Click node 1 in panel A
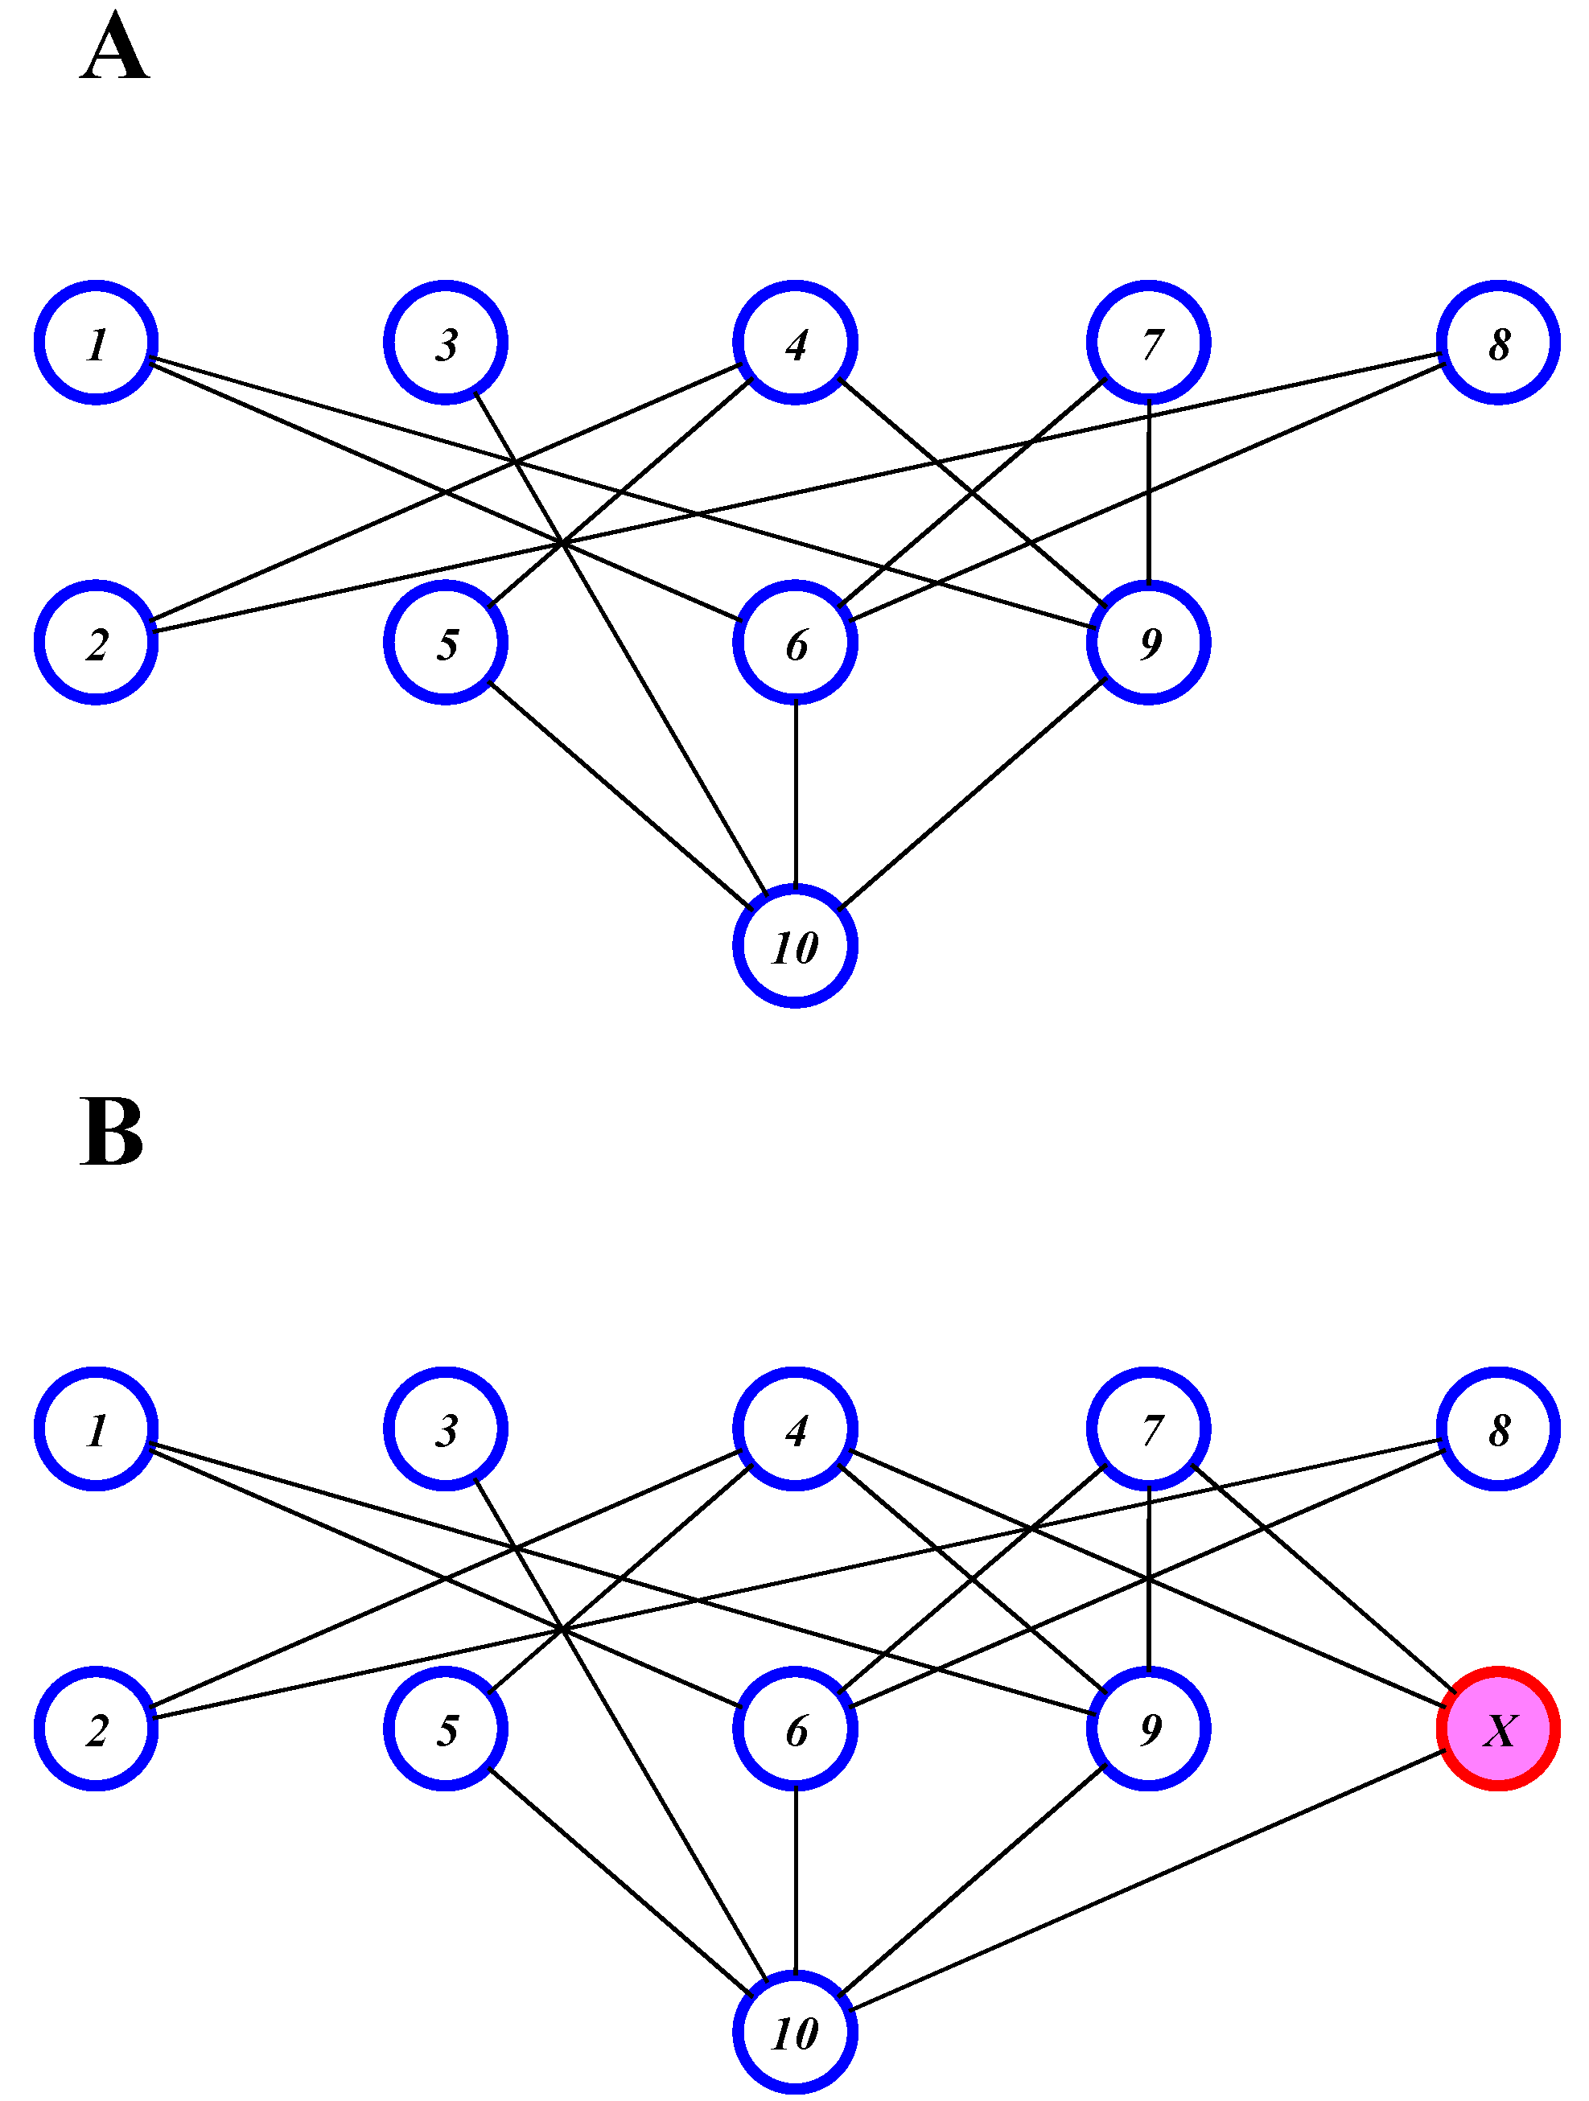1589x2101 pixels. [x=96, y=343]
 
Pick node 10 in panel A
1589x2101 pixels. [x=795, y=946]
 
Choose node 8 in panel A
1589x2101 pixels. [x=1498, y=343]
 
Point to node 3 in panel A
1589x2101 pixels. [x=446, y=343]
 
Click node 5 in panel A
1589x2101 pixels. [x=446, y=643]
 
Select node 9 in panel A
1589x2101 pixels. [x=1148, y=643]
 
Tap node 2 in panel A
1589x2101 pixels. [x=96, y=643]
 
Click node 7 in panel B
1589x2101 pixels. [x=1148, y=1429]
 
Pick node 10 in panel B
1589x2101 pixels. [x=795, y=2033]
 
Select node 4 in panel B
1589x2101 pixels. [x=795, y=1429]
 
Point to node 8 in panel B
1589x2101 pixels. [x=1498, y=1429]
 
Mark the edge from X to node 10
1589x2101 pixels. [x=1149, y=1881]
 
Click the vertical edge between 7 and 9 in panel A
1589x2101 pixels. [x=1148, y=494]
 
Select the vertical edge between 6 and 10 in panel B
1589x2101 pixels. [x=795, y=1881]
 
